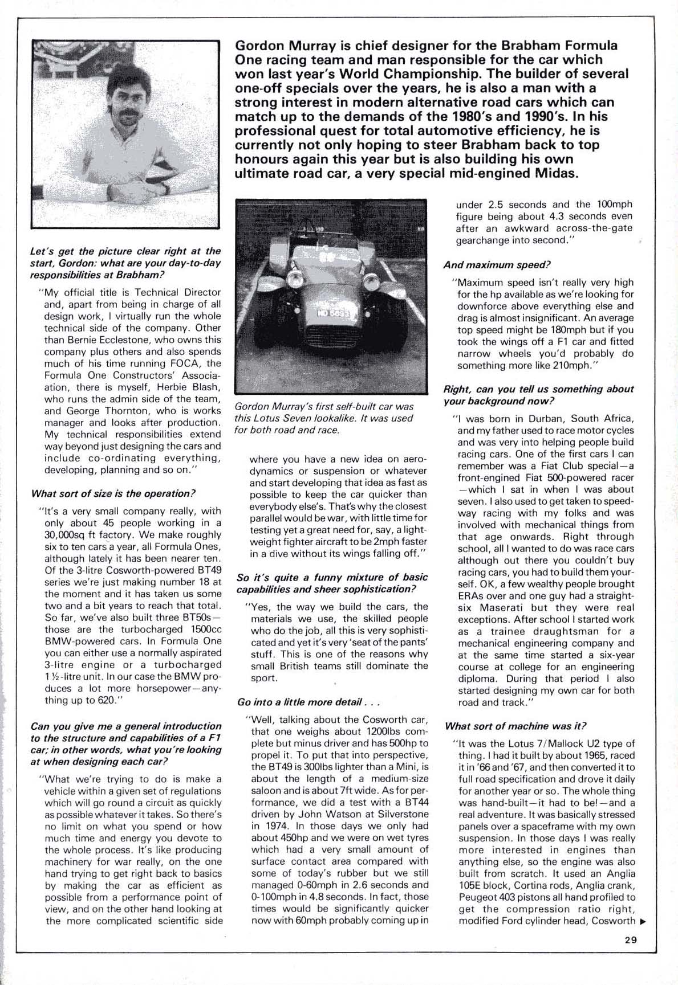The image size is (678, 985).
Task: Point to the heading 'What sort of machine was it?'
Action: pos(515,726)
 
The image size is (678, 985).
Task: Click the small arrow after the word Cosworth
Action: pos(643,921)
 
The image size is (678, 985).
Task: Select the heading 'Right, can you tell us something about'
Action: pos(539,389)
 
